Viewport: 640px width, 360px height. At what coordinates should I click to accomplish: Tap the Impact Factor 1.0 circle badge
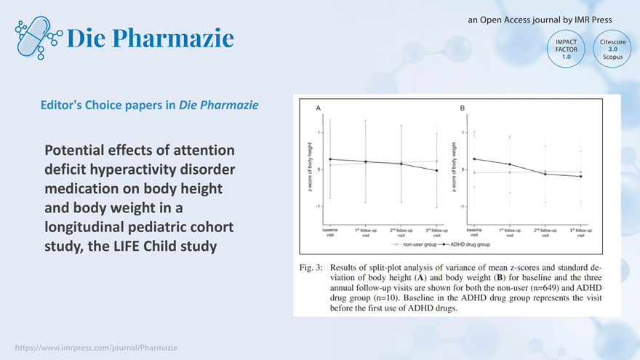(566, 49)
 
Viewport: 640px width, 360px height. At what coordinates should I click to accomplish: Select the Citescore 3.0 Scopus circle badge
(612, 49)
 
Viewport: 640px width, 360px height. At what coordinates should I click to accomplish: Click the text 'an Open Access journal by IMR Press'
(540, 20)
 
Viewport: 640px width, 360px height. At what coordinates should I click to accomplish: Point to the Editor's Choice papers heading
(150, 105)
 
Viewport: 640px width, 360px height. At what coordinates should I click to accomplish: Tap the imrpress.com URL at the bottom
(96, 348)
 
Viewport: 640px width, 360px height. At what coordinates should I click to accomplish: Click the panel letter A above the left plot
(319, 108)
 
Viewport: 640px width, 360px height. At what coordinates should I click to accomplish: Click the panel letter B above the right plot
(463, 108)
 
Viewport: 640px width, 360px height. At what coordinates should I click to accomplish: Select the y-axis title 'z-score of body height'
(311, 169)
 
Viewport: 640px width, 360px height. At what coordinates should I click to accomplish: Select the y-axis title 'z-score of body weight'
(454, 169)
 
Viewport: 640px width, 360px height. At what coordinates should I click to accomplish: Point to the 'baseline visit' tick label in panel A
(330, 233)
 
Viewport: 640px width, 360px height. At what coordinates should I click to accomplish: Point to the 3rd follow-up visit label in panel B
(580, 233)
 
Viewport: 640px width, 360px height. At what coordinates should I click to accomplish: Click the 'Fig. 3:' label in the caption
(313, 268)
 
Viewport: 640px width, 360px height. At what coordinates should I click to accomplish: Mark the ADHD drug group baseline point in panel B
(474, 159)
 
